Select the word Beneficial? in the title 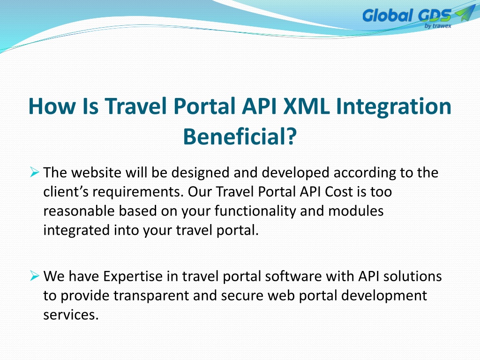tap(240, 136)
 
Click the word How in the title tap(52, 106)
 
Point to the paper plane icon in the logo tap(465, 13)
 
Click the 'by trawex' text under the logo tap(438, 26)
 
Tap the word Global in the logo tap(387, 15)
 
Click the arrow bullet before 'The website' tap(35, 172)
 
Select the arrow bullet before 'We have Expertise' tap(35, 276)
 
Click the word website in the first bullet tap(96, 172)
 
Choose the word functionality tap(255, 211)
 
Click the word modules tap(356, 211)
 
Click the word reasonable tap(79, 211)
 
